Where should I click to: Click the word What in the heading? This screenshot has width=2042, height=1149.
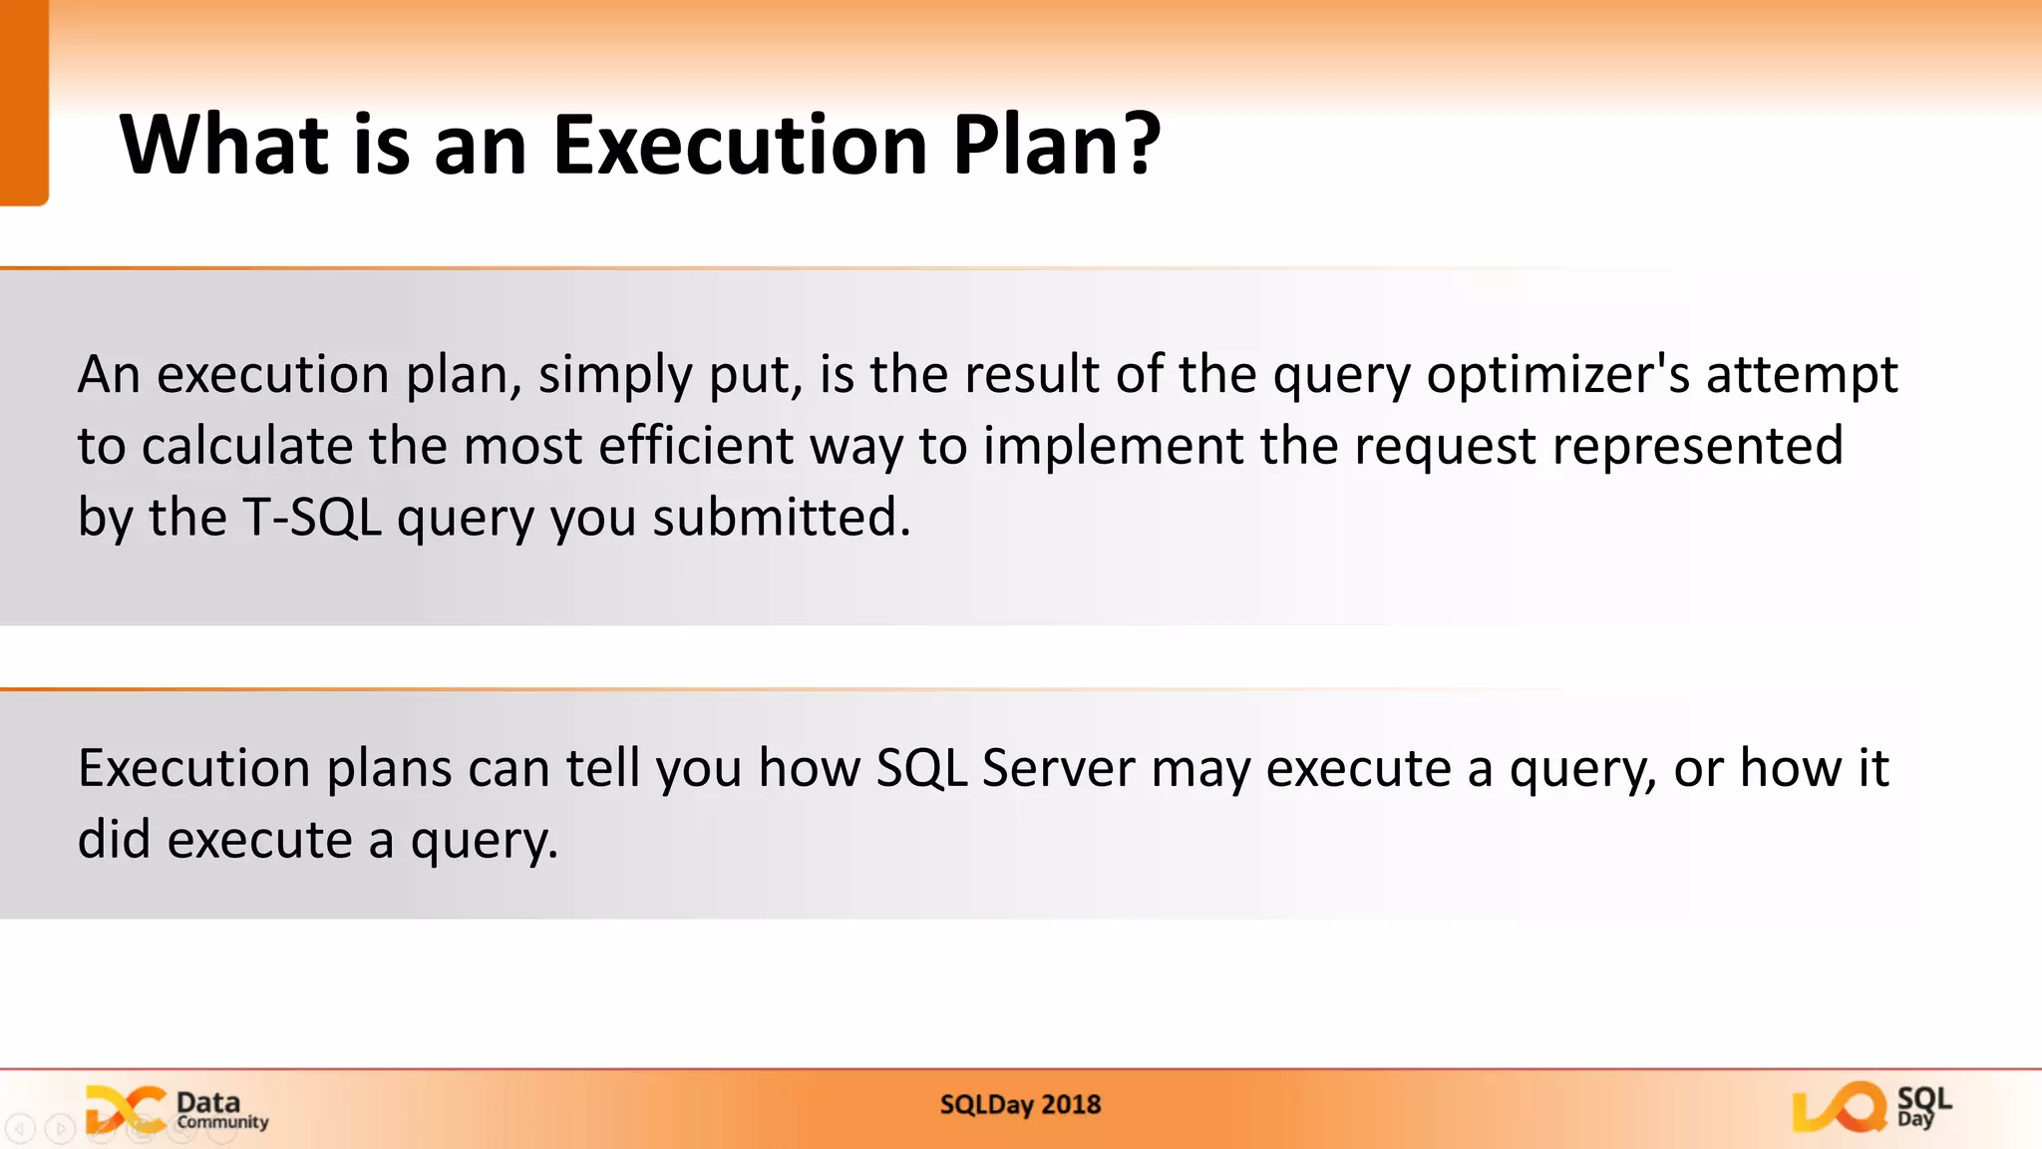[224, 146]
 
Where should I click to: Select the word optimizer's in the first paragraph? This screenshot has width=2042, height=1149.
[1557, 376]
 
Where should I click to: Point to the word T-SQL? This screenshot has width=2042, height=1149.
[312, 518]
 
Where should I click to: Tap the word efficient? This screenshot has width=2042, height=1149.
[696, 446]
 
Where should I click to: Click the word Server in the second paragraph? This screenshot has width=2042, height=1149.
[1058, 769]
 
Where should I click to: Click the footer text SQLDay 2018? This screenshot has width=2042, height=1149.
[1020, 1105]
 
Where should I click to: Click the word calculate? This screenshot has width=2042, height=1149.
[246, 446]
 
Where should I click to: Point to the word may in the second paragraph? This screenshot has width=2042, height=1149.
[1200, 769]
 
